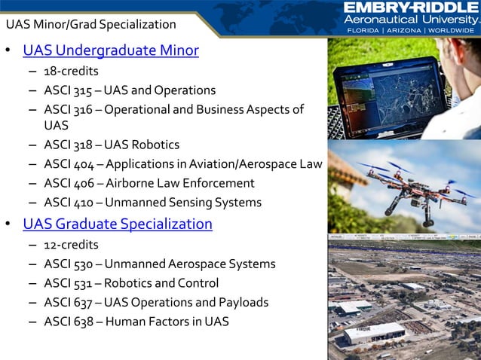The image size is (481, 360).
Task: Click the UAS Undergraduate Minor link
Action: coord(111,51)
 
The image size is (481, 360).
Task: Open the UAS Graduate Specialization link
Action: coord(118,224)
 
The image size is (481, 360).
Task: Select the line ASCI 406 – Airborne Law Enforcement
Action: coord(149,183)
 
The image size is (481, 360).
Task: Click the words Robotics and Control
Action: coord(161,284)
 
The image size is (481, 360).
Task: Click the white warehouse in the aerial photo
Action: coord(374,332)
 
